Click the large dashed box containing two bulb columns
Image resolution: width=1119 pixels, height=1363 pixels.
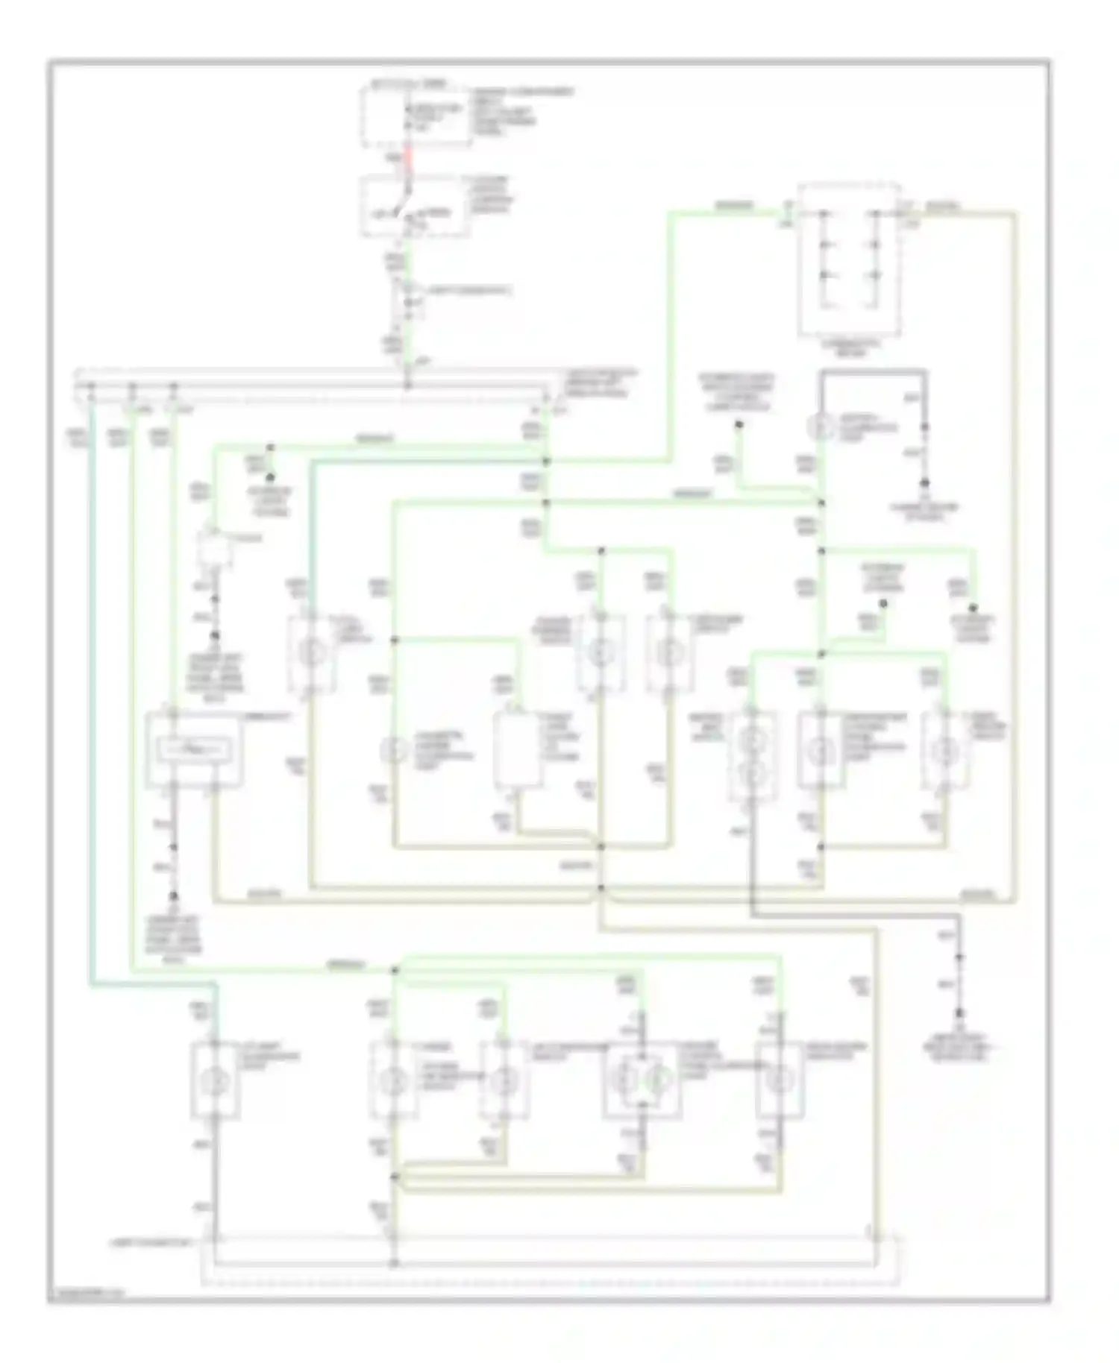tap(848, 259)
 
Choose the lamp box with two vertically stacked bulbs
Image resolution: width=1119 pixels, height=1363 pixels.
tap(754, 759)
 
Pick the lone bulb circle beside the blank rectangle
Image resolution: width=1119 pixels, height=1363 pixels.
tap(393, 751)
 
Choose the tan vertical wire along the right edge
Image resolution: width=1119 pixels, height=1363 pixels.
tap(1015, 559)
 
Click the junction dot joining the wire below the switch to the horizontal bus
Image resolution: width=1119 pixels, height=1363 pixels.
tap(408, 386)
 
